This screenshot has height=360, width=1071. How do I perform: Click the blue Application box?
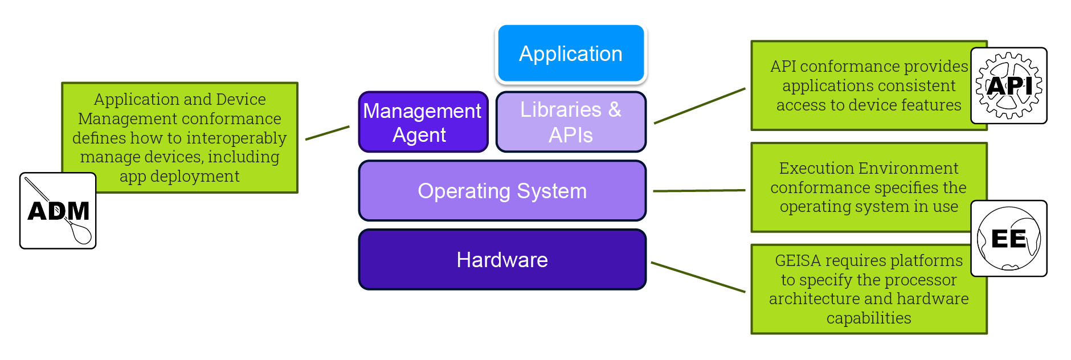click(x=571, y=54)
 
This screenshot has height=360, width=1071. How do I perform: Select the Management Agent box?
click(x=423, y=122)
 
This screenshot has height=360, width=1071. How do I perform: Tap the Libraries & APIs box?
click(x=571, y=122)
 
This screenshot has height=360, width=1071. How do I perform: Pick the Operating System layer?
click(x=502, y=191)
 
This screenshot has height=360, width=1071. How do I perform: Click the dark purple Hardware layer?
click(x=502, y=260)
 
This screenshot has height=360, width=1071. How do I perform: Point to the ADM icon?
click(x=58, y=211)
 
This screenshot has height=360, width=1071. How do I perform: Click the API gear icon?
click(x=1009, y=86)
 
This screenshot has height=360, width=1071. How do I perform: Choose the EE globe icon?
click(x=1009, y=238)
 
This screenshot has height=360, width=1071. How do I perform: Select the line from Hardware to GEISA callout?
click(x=698, y=277)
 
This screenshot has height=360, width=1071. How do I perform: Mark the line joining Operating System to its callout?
click(x=699, y=191)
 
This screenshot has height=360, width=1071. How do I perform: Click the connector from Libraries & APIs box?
click(x=700, y=106)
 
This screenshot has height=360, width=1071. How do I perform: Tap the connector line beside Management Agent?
click(x=328, y=133)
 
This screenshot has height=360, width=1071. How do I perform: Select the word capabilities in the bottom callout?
click(x=869, y=318)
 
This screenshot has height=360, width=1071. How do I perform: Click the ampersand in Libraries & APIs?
click(x=615, y=109)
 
